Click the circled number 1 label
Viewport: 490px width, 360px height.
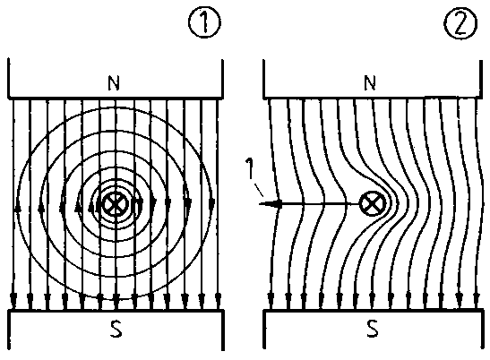point(204,22)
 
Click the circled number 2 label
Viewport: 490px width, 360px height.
point(460,23)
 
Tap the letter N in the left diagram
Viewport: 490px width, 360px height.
point(114,83)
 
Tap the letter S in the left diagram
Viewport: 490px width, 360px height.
point(116,329)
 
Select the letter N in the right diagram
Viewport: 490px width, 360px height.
point(370,82)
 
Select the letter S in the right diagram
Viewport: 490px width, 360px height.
point(372,329)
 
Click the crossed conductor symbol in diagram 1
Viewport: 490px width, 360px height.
point(116,204)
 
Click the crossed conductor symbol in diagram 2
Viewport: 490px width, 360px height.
point(373,204)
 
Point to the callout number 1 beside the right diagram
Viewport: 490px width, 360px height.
point(249,168)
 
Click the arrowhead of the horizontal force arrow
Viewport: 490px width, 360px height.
point(275,204)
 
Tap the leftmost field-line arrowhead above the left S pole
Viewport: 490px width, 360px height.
point(13,300)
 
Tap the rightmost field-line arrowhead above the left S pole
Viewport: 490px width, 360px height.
point(218,300)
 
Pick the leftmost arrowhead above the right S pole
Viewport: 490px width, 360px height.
point(271,300)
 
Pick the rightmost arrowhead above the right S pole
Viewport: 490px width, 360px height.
point(476,300)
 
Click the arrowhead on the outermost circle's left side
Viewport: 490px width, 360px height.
point(19,208)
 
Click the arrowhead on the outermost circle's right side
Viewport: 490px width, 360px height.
point(212,204)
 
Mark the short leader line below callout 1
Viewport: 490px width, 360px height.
point(259,191)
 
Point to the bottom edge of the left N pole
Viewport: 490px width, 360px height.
point(116,99)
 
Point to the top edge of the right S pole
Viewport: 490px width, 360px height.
point(372,311)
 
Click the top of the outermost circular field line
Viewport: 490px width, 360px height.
point(114,107)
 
